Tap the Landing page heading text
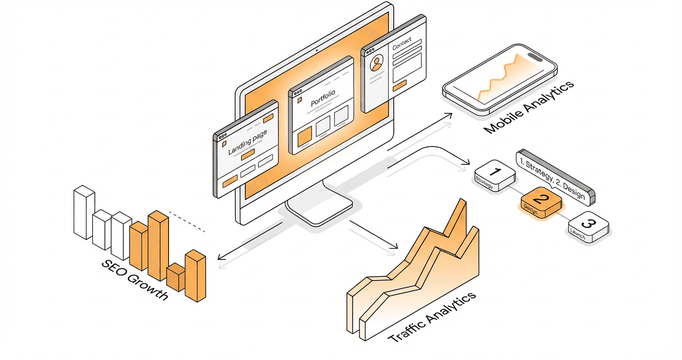(x=247, y=143)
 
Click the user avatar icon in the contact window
(x=377, y=63)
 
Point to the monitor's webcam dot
(x=317, y=50)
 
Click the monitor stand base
(x=319, y=211)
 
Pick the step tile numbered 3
(x=589, y=226)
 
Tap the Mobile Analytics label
(x=529, y=108)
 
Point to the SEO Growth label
(x=135, y=280)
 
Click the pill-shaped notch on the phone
(x=535, y=57)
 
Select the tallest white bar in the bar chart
(x=83, y=213)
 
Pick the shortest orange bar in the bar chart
(x=175, y=278)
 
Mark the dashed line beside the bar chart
(x=187, y=222)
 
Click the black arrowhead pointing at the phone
(x=449, y=115)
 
